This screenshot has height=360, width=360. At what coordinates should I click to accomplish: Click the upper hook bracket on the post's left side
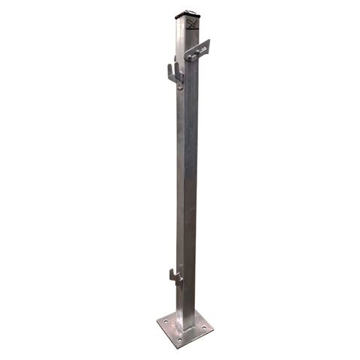(x=173, y=74)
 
